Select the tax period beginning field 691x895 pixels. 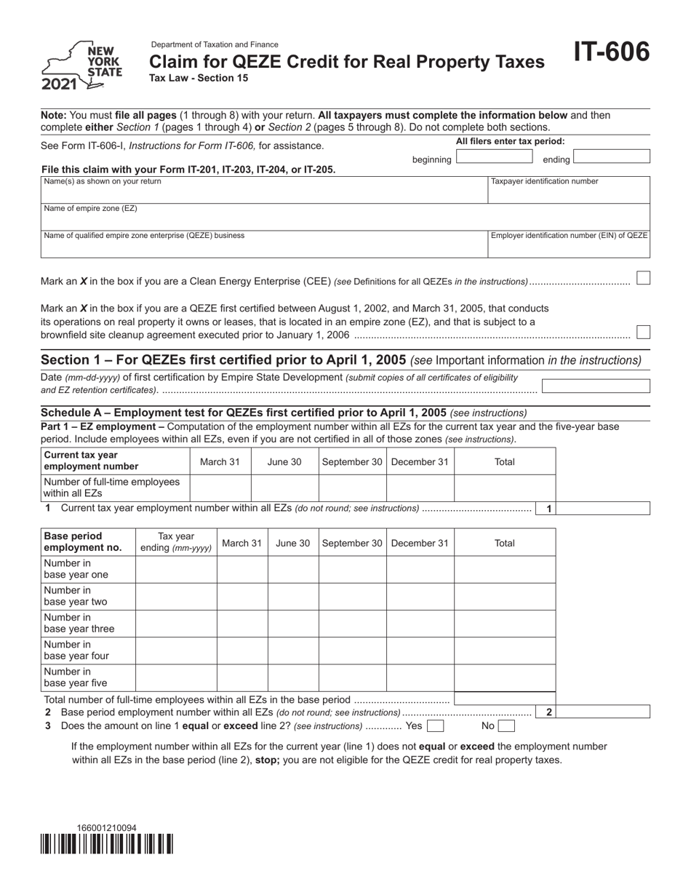[x=495, y=156]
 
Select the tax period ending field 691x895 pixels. [x=611, y=156]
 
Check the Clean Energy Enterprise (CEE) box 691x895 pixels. [x=643, y=279]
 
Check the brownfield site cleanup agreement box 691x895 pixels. [x=643, y=333]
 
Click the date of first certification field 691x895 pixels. [x=596, y=386]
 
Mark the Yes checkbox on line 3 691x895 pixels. [x=435, y=725]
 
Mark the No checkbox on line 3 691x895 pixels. [x=506, y=725]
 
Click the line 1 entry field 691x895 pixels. [x=603, y=509]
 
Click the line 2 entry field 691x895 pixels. [x=603, y=712]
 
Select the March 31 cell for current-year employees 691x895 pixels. [x=220, y=488]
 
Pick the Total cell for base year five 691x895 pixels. [x=505, y=677]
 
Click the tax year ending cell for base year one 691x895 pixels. [x=176, y=570]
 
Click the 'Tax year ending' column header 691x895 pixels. [x=176, y=542]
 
